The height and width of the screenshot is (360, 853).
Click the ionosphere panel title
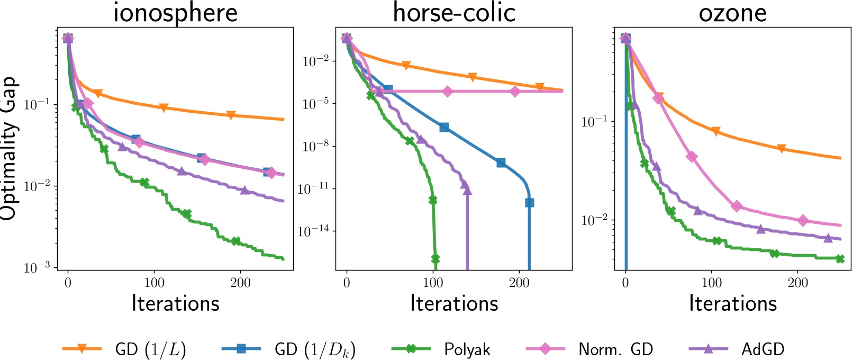(175, 13)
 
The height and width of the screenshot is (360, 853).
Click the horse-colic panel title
(454, 13)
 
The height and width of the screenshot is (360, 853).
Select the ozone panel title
(732, 13)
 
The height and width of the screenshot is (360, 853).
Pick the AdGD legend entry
(763, 349)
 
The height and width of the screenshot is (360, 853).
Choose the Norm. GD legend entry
(615, 349)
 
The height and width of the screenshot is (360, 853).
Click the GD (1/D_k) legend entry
(314, 349)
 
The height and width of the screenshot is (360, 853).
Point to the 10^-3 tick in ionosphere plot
(37, 268)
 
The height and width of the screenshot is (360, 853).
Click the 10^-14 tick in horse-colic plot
(314, 231)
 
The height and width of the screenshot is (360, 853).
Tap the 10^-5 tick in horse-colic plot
(316, 103)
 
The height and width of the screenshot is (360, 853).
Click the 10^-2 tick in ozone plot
(594, 220)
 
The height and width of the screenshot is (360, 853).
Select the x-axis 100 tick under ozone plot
(711, 283)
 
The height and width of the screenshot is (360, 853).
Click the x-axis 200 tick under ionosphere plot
(240, 283)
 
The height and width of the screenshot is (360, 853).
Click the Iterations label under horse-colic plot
(454, 303)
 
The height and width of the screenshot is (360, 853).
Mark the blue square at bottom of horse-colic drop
(529, 203)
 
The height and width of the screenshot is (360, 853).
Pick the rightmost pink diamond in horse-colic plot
(515, 92)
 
